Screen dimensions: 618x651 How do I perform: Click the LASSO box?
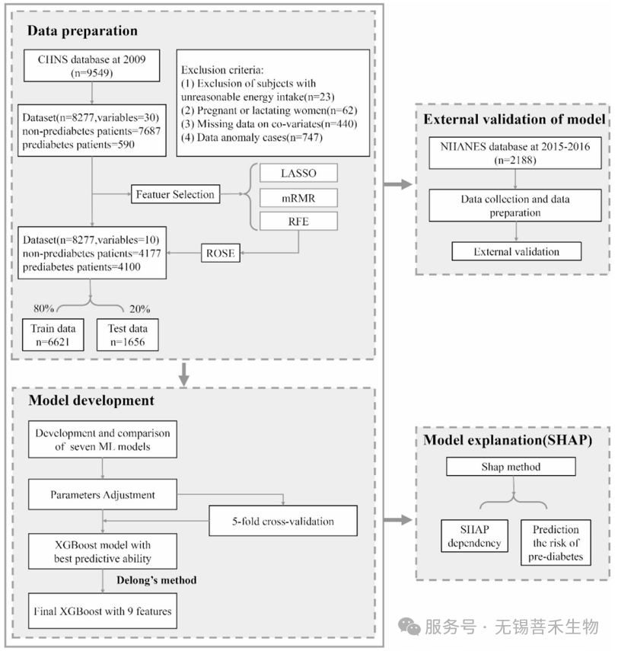pyautogui.click(x=298, y=173)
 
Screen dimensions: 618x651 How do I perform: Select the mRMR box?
pyautogui.click(x=298, y=198)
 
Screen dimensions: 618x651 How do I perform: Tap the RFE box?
pyautogui.click(x=298, y=222)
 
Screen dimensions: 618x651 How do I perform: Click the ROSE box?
pyautogui.click(x=221, y=253)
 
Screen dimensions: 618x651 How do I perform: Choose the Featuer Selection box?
pyautogui.click(x=175, y=194)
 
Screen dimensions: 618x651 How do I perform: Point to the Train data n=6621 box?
pyautogui.click(x=53, y=334)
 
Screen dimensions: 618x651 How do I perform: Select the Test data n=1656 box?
pyautogui.click(x=127, y=334)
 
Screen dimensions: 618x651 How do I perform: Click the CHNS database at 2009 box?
pyautogui.click(x=92, y=65)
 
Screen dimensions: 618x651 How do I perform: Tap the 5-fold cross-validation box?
pyautogui.click(x=283, y=521)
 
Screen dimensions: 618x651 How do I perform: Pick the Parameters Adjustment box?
pyautogui.click(x=103, y=494)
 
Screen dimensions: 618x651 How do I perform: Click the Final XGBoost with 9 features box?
pyautogui.click(x=103, y=611)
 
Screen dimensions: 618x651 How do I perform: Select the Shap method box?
pyautogui.click(x=511, y=467)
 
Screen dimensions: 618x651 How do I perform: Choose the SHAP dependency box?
pyautogui.click(x=474, y=536)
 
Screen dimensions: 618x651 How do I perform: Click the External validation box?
pyautogui.click(x=516, y=251)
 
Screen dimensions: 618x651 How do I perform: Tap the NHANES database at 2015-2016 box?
pyautogui.click(x=515, y=153)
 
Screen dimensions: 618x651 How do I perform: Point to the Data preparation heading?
pyautogui.click(x=82, y=30)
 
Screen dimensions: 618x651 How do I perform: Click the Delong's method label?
pyautogui.click(x=157, y=580)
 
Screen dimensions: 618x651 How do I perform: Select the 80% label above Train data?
pyautogui.click(x=43, y=308)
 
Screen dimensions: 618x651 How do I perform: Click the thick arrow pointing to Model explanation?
pyautogui.click(x=398, y=520)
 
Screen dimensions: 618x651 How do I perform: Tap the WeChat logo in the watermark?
pyautogui.click(x=409, y=627)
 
